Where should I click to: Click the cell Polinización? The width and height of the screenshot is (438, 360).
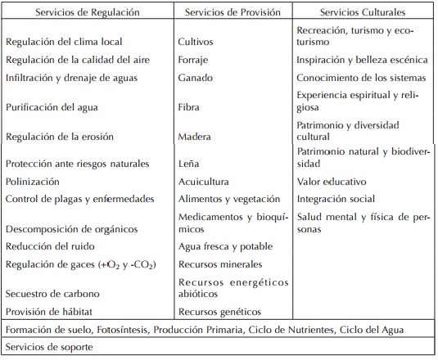point(33,181)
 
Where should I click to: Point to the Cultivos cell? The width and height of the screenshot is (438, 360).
point(196,40)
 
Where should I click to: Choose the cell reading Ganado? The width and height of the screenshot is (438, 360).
point(195,78)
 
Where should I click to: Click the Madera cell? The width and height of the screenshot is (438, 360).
point(195,137)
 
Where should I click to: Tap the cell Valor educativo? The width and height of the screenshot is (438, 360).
point(332,181)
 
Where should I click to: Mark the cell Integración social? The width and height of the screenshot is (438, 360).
point(336,199)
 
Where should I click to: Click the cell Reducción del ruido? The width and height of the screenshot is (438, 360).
point(50,246)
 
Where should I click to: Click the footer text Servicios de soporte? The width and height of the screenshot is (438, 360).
point(51,347)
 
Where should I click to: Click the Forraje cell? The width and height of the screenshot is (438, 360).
point(195,59)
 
